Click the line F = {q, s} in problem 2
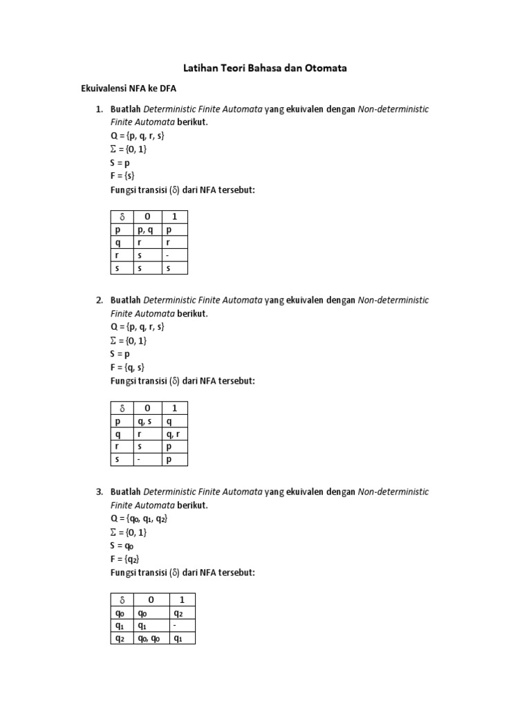tap(127, 367)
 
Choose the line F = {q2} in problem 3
tap(125, 559)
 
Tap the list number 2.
tap(100, 300)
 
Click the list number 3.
tap(100, 492)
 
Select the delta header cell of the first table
tap(122, 217)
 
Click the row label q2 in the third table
tap(120, 638)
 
